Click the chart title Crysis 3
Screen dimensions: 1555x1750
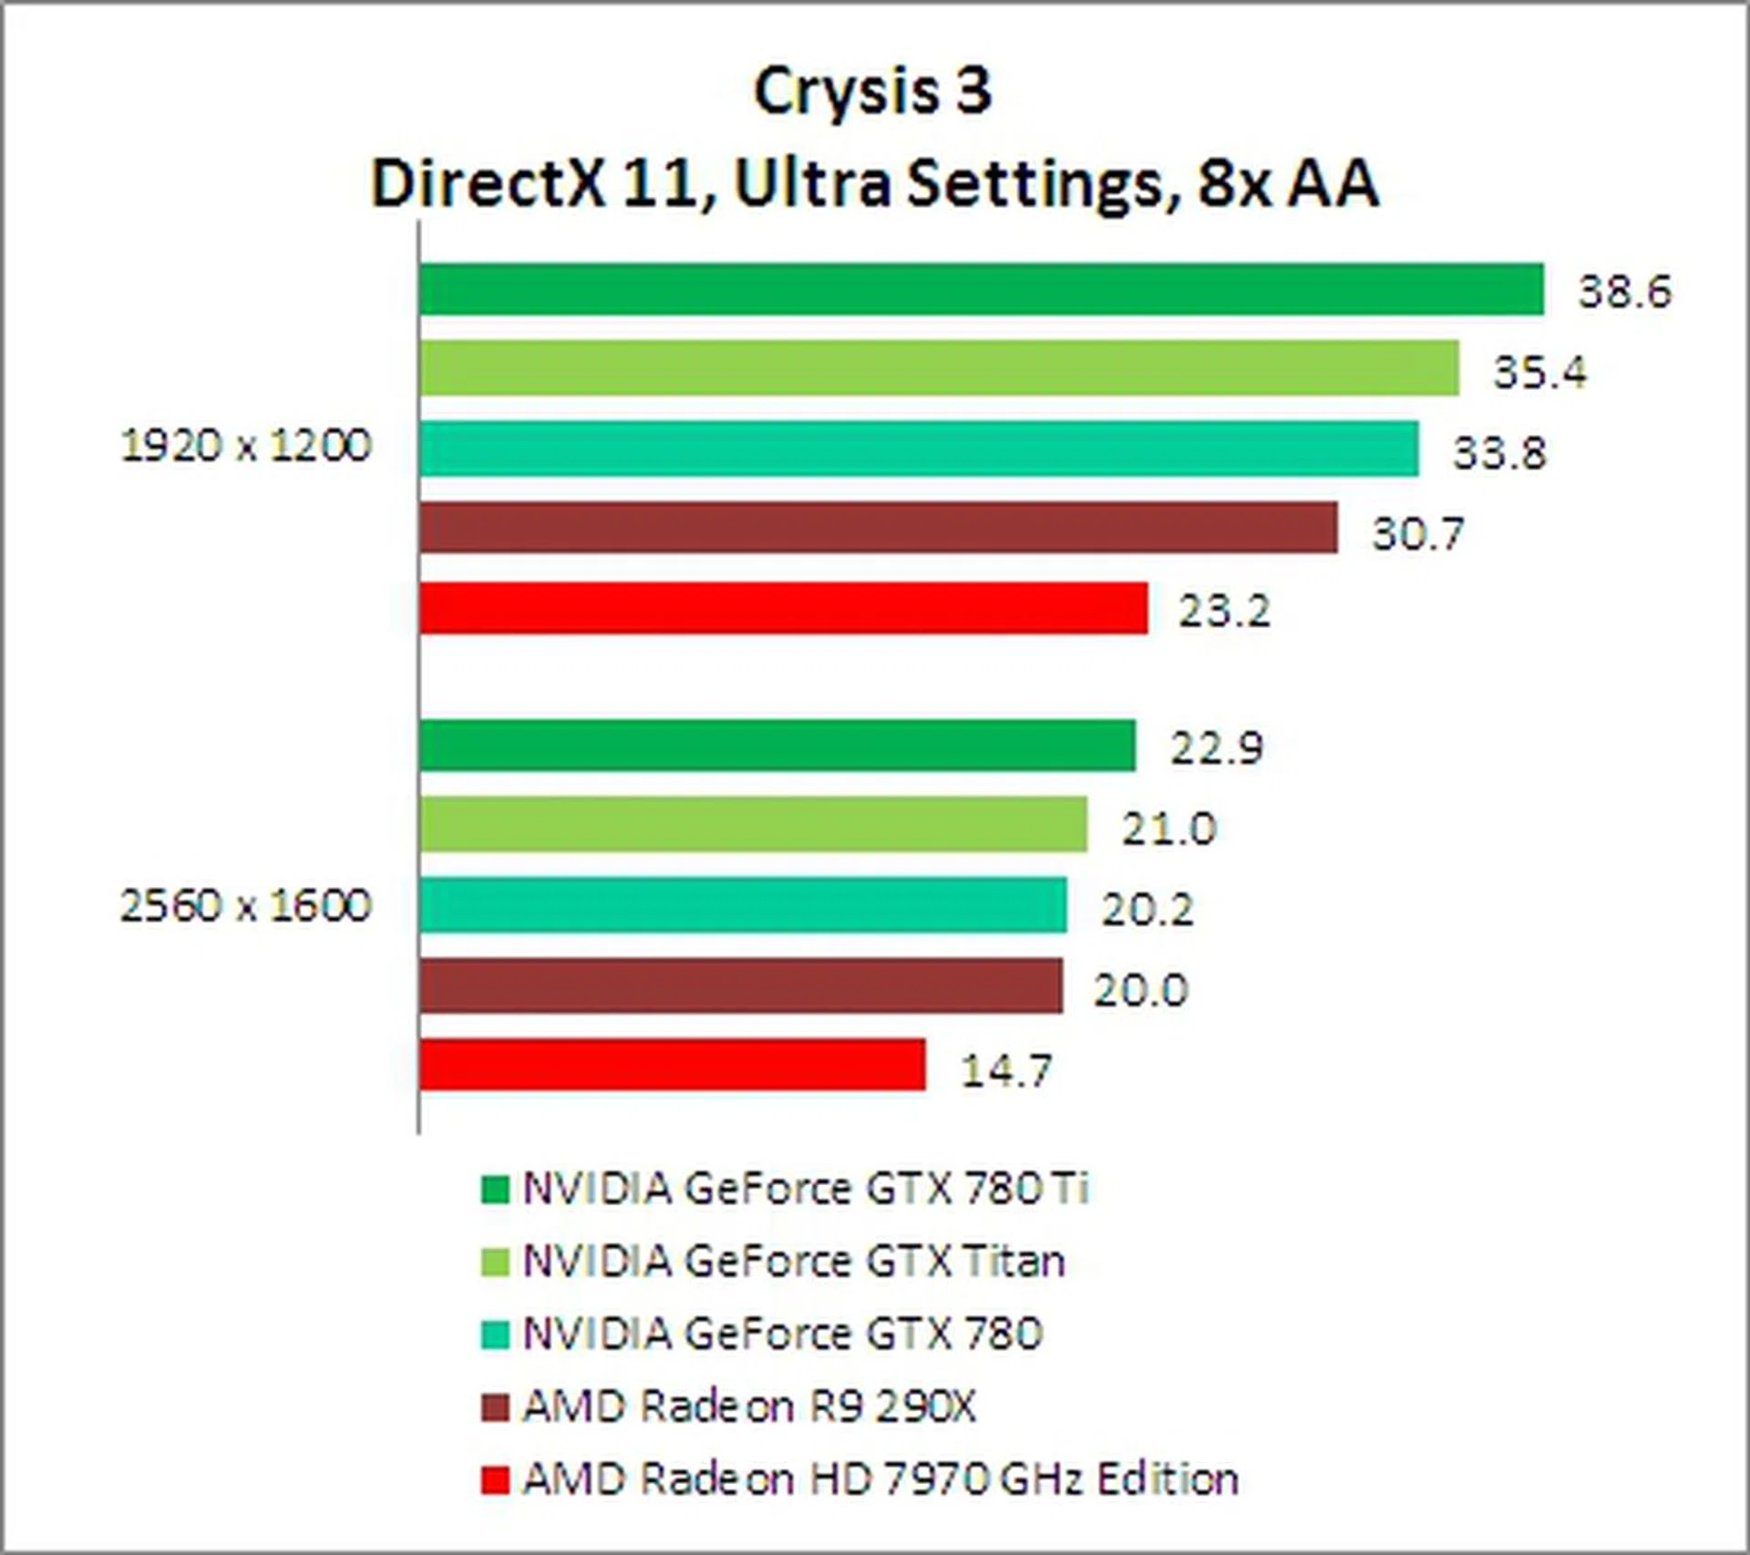pos(872,91)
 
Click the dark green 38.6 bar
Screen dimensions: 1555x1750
pos(982,289)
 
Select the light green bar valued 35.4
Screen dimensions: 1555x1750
pos(939,368)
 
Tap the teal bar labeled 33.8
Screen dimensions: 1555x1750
pos(919,448)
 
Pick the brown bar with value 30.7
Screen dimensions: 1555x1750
pos(879,527)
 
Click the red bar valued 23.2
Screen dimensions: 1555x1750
pos(783,608)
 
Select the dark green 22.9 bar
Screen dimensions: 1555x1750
pos(777,746)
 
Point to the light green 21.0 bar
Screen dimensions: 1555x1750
pos(753,825)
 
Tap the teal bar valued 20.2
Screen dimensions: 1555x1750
pos(743,905)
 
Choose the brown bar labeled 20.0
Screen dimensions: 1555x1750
pos(741,985)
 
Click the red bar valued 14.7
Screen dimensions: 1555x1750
pos(673,1065)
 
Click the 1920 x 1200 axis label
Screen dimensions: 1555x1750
pos(246,447)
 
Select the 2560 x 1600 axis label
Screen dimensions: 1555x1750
pos(246,906)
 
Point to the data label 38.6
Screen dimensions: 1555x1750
pos(1625,292)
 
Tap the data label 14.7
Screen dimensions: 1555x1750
pos(1006,1070)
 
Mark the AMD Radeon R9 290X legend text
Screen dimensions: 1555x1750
pos(748,1406)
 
